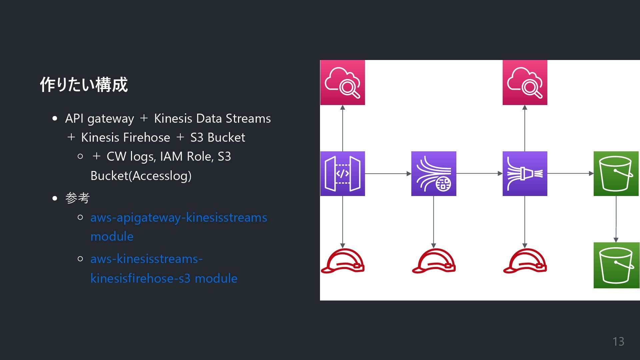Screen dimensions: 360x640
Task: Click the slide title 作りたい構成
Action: [x=84, y=85]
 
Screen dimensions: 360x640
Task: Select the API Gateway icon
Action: [x=342, y=174]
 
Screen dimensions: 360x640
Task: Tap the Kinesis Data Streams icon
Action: [x=434, y=174]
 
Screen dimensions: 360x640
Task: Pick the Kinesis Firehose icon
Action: [x=525, y=174]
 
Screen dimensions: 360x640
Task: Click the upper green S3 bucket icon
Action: [x=616, y=174]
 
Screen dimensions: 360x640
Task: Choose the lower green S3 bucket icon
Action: [x=616, y=265]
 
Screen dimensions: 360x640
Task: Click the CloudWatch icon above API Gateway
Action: [x=342, y=83]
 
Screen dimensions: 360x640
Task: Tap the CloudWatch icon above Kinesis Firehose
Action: [x=525, y=83]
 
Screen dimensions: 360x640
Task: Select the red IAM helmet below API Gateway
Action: [x=342, y=261]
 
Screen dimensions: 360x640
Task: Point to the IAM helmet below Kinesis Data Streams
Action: [x=434, y=261]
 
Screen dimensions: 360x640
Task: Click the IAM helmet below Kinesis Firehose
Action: [x=525, y=261]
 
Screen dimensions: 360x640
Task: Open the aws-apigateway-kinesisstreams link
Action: [x=179, y=218]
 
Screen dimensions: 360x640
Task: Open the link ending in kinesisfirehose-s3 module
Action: [x=164, y=278]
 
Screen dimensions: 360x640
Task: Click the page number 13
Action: [x=618, y=342]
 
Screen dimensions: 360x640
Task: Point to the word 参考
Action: [x=77, y=198]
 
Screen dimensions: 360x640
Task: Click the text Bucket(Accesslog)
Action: [x=141, y=176]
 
